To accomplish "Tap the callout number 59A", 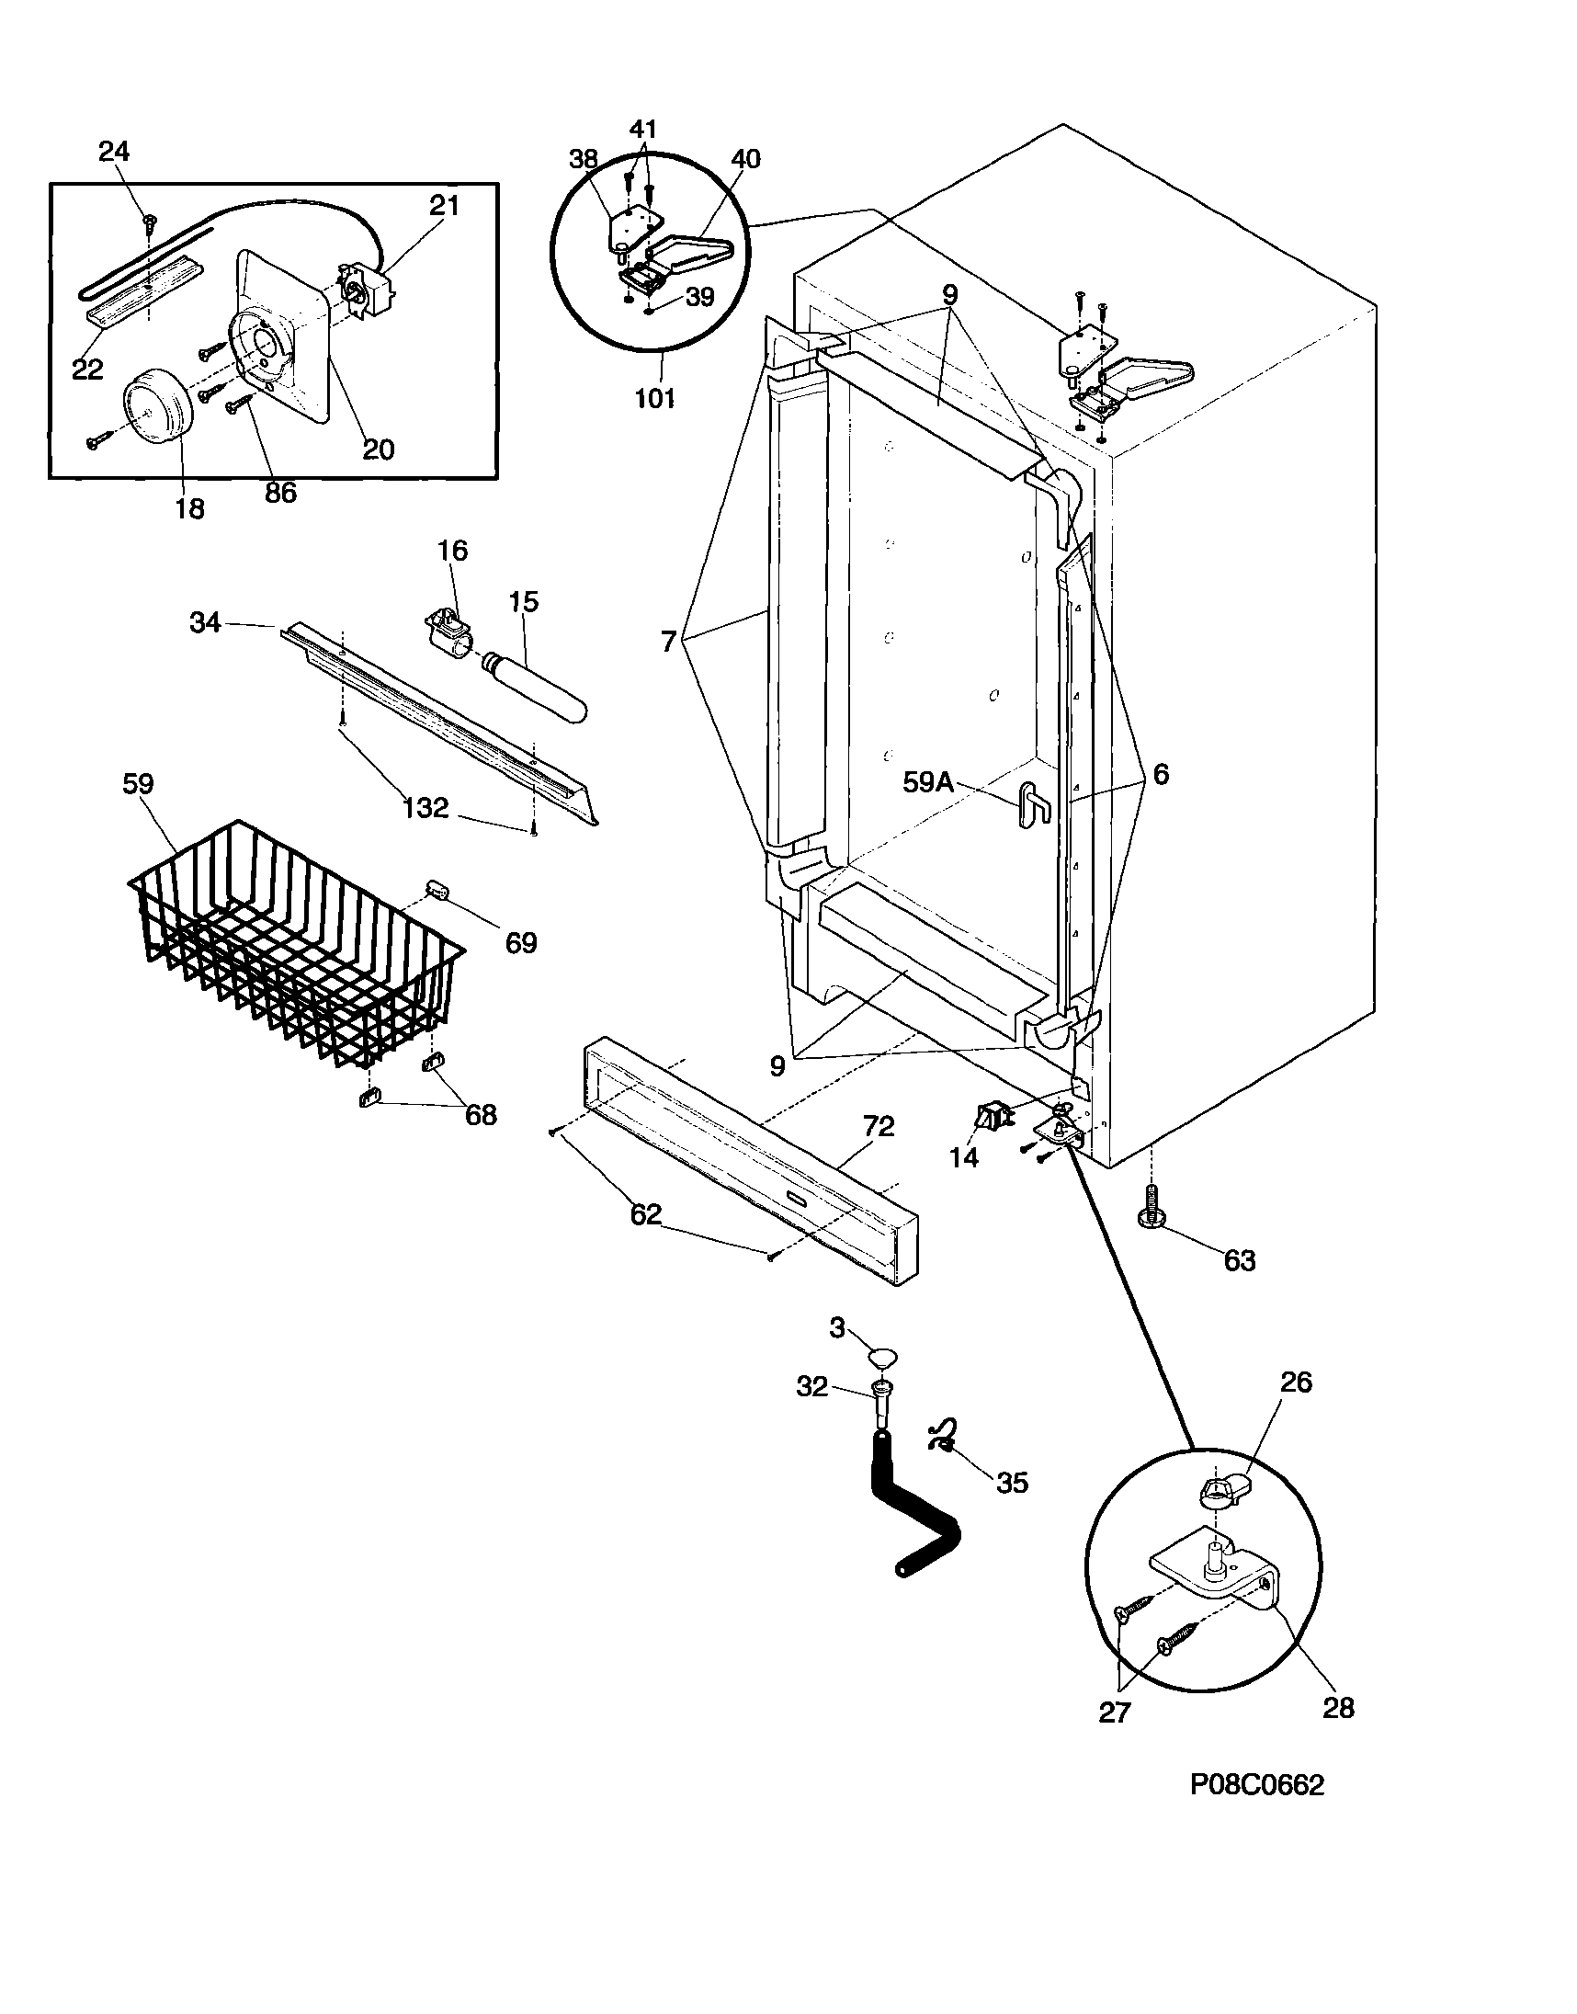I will [x=927, y=782].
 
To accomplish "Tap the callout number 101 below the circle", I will [x=654, y=399].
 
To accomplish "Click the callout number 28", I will [x=1338, y=1707].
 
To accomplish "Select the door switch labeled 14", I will [x=992, y=1120].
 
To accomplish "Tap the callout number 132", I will [x=425, y=808].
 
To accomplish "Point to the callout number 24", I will [x=115, y=152].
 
